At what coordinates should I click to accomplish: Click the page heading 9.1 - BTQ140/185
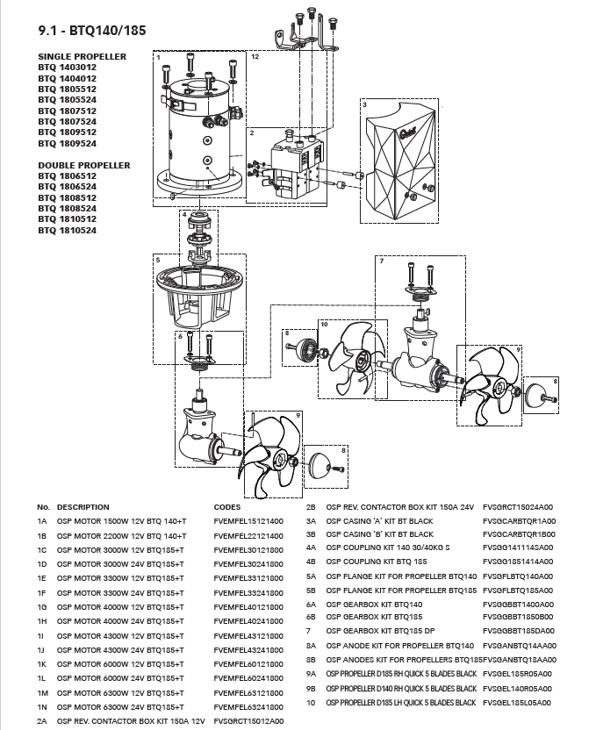point(92,32)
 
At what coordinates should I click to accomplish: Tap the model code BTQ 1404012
point(67,78)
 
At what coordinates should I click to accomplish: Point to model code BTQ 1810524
point(67,231)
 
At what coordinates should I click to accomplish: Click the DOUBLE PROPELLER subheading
point(84,165)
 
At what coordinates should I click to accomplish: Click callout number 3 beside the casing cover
point(363,104)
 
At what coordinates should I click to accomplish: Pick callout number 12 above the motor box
point(255,56)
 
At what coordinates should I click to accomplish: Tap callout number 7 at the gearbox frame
point(381,261)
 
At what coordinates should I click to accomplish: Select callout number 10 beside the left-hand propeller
point(324,325)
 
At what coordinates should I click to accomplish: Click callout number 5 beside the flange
point(157,260)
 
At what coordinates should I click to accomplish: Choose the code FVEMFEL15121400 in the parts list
point(248,521)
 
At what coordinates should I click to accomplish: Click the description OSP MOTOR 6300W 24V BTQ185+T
point(122,706)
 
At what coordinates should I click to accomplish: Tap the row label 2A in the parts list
point(42,720)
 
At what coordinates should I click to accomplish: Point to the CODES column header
point(227,507)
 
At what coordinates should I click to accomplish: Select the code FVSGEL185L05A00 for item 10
point(517,703)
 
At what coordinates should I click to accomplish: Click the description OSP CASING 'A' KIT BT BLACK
point(379,521)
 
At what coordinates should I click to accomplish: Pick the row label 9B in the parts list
point(311,689)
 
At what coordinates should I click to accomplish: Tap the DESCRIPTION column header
point(83,507)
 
